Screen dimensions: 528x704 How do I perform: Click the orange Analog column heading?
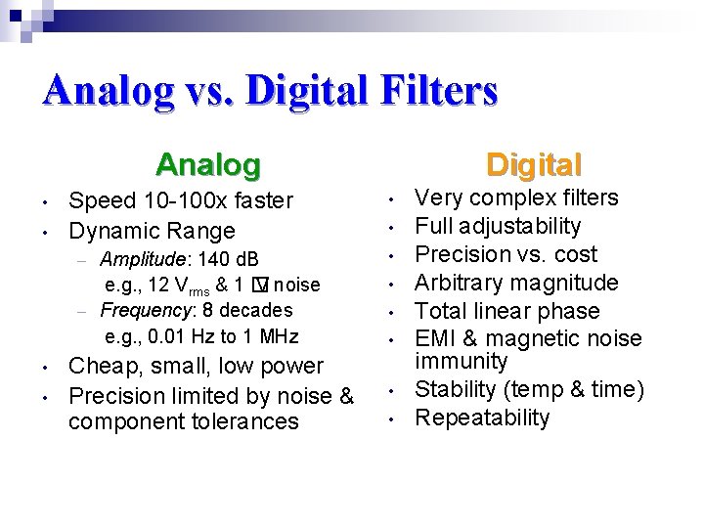tap(208, 164)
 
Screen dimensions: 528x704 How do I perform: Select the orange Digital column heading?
tap(534, 164)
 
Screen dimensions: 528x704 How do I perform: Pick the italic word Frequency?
tap(146, 310)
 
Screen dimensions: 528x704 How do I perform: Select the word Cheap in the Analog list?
tap(98, 366)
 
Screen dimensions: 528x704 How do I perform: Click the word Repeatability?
tap(482, 418)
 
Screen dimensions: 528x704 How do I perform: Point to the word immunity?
tap(462, 361)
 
